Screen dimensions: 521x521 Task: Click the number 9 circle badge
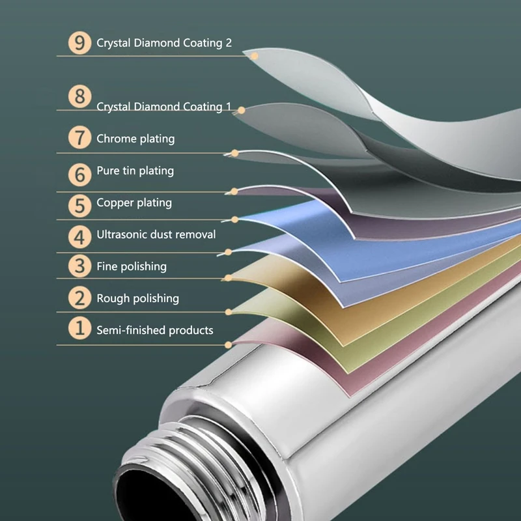pos(79,43)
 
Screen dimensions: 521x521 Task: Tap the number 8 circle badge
pos(79,97)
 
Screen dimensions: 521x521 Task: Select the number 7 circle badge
pos(79,138)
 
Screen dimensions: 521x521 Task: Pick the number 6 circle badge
pos(79,174)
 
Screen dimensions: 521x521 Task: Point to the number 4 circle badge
pos(79,236)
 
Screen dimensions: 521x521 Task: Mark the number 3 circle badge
pos(79,266)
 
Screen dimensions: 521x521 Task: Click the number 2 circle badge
pos(79,298)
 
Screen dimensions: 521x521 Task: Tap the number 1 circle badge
pos(79,328)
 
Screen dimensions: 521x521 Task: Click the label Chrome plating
pos(135,139)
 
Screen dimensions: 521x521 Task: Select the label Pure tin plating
pos(135,171)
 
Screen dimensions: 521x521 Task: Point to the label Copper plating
pos(134,203)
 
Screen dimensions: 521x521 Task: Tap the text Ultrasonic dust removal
pos(156,234)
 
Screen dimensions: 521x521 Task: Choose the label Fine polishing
pos(132,266)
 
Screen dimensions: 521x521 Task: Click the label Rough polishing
pos(137,298)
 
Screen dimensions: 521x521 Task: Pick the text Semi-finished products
pos(155,330)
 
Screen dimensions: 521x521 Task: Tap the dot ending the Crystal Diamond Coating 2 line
pos(255,56)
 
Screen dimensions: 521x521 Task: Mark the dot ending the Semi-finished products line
pos(228,345)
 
